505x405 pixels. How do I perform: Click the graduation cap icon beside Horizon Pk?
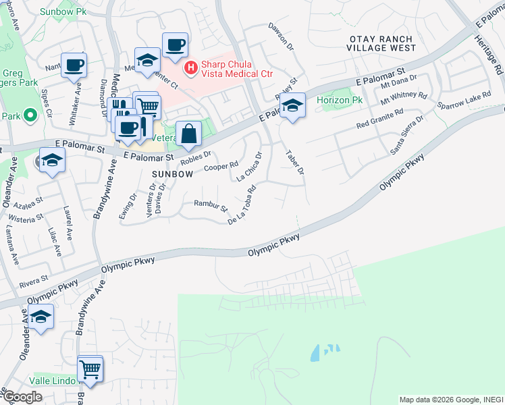(x=292, y=105)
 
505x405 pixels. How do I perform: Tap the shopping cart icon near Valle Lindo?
(x=90, y=369)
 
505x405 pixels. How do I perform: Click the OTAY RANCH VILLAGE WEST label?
(x=381, y=44)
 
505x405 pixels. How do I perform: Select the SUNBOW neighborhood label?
(x=173, y=173)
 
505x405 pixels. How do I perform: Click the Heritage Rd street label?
(x=496, y=60)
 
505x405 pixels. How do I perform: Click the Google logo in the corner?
(x=22, y=396)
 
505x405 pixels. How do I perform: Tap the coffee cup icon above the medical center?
(x=175, y=45)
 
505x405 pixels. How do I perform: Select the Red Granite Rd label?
(x=379, y=119)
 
